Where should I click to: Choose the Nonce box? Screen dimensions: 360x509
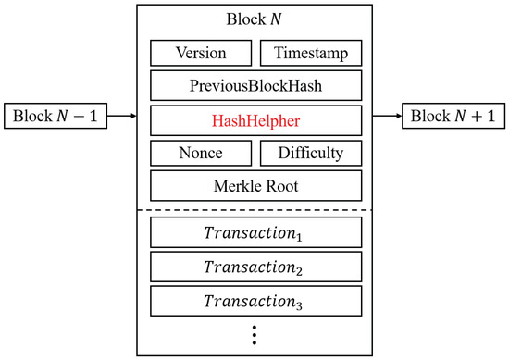tap(201, 152)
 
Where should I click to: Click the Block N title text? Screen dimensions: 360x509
tap(254, 19)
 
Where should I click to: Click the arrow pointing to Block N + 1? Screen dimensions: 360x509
tap(387, 118)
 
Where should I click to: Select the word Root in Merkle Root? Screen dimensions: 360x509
tap(278, 185)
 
